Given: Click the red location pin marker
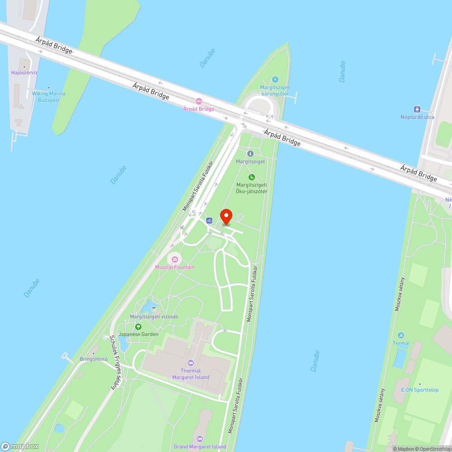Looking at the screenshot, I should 226,217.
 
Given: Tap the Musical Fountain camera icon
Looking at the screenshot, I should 174,259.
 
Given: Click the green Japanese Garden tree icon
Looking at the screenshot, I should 138,327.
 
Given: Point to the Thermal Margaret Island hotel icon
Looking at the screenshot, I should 190,363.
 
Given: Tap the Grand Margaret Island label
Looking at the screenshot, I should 200,447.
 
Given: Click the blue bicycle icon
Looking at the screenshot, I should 209,221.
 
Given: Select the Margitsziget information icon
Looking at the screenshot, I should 250,154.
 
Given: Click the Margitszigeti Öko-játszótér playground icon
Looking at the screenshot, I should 252,177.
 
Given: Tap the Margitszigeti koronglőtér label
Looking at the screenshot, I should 275,90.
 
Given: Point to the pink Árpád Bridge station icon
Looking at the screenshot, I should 198,101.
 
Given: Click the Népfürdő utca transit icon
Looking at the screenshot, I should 417,109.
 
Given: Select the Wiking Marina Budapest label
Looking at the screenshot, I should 48,97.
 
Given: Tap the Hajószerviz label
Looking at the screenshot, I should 24,72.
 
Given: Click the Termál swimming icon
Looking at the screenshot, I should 401,335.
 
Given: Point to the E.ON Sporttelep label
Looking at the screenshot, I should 419,390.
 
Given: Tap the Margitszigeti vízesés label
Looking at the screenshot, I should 154,316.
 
